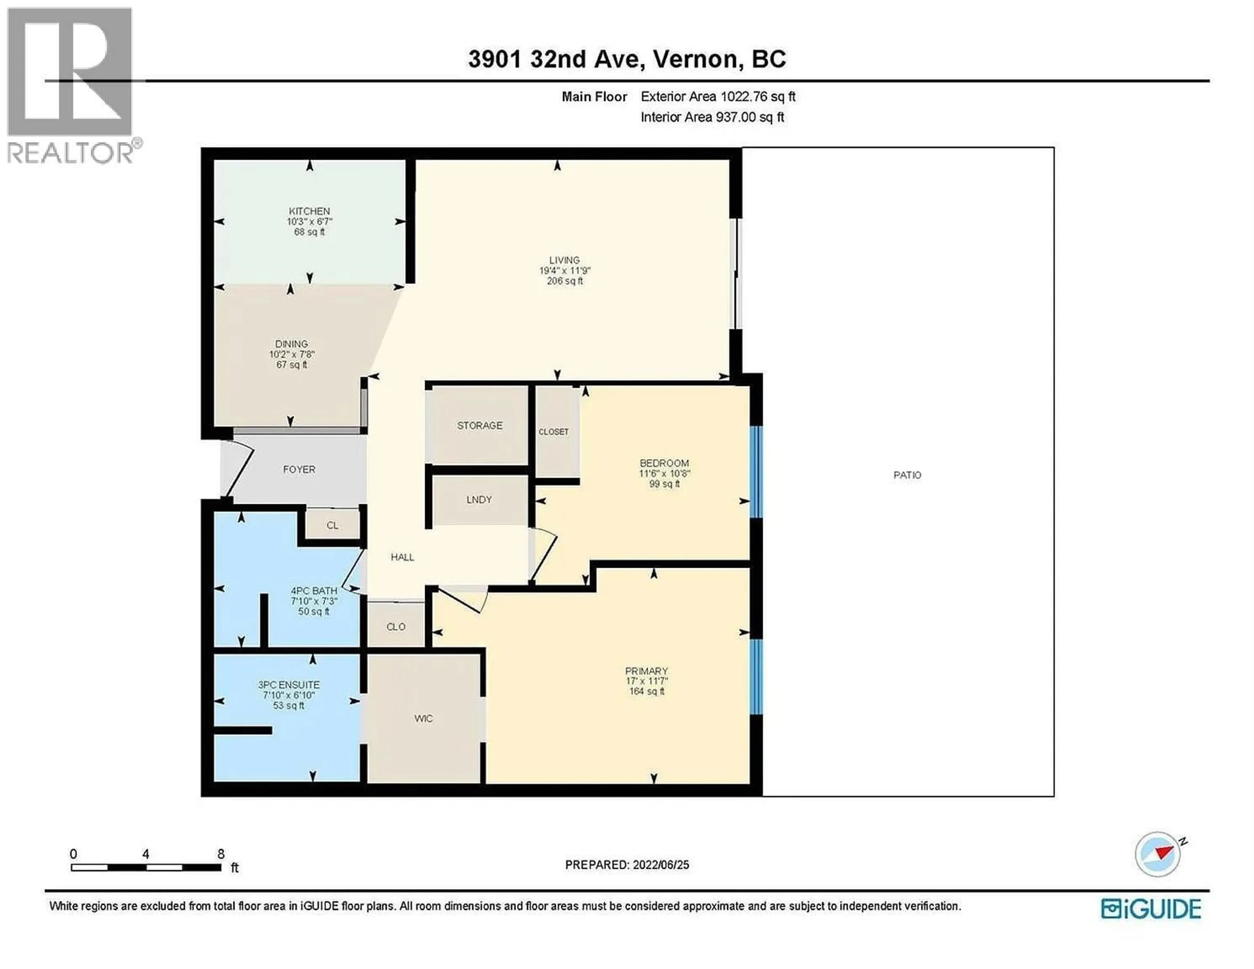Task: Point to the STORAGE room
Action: coord(479,425)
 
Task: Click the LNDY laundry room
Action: coord(479,499)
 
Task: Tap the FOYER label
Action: coord(298,469)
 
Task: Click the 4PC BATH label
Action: coord(313,590)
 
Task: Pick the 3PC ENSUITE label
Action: coord(288,685)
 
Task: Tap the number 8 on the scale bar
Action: coord(221,854)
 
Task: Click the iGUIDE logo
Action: coord(1151,909)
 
